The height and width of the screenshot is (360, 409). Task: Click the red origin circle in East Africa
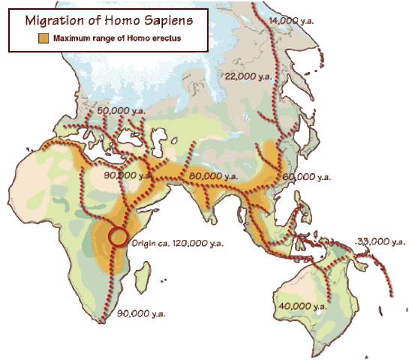pos(118,236)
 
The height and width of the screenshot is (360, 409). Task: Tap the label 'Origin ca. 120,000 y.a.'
pos(177,244)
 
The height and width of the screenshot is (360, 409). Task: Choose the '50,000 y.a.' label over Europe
pos(122,110)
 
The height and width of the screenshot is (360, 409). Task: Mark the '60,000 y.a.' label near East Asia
pos(307,177)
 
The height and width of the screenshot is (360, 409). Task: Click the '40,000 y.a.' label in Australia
pos(302,306)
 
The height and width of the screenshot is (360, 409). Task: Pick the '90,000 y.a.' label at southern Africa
pos(141,313)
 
